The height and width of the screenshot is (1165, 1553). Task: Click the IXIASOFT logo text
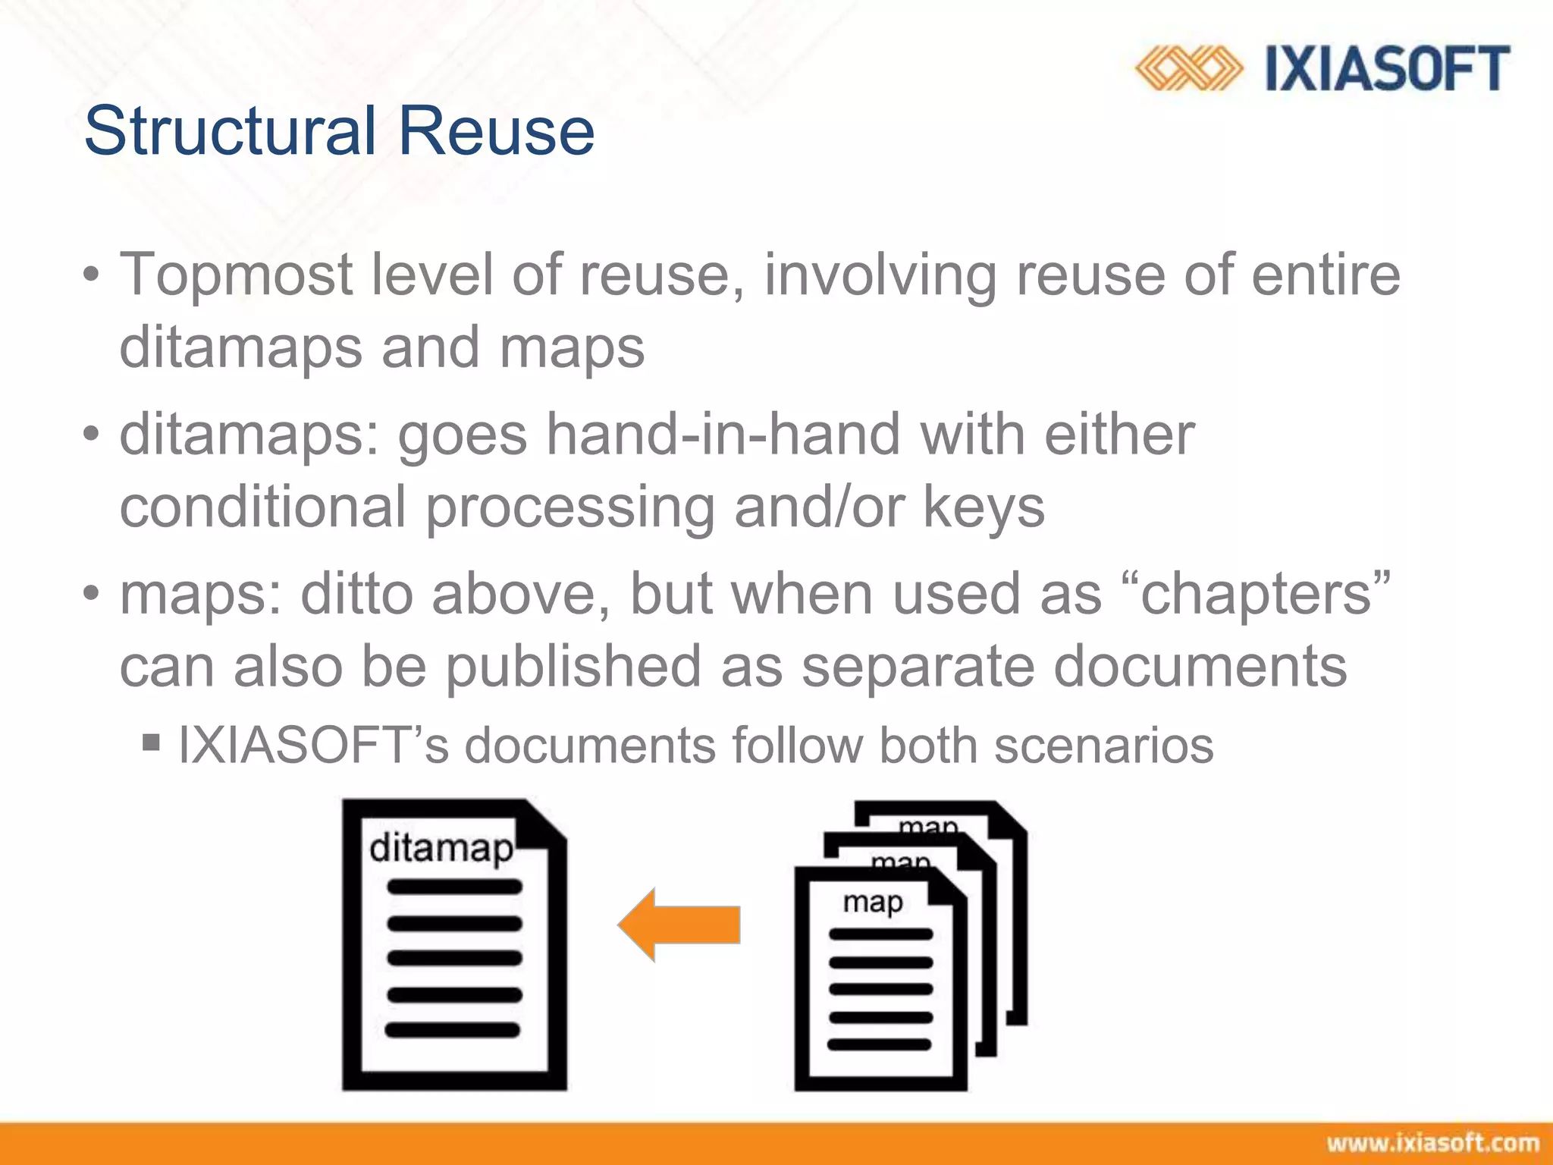tap(1387, 68)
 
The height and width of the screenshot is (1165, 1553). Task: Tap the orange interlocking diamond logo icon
tap(1188, 68)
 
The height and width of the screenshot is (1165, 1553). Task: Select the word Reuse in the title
tap(496, 130)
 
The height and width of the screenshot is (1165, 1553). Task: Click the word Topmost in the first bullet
tap(236, 275)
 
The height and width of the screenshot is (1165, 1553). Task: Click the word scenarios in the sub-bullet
tap(1103, 746)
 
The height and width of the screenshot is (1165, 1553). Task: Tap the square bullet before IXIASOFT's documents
tap(151, 741)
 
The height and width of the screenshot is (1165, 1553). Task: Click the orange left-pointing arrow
tap(679, 925)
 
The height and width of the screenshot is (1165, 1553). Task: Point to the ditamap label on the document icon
tap(441, 848)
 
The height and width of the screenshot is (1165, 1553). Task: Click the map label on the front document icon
tap(873, 903)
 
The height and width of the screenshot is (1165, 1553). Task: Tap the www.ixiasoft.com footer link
tap(1432, 1142)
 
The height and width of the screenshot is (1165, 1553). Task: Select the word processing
tap(569, 508)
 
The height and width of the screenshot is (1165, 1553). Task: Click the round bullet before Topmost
tap(92, 275)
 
